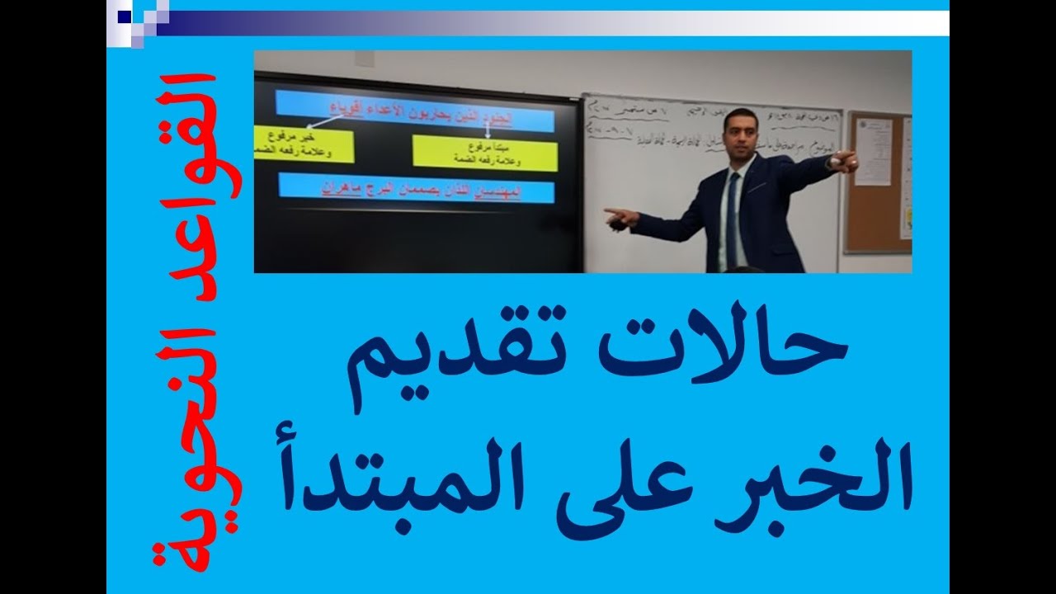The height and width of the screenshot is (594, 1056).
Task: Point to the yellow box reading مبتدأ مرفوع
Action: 484,151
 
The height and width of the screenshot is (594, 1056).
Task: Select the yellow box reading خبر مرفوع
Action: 304,144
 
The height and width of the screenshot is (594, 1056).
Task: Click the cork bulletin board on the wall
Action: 878,181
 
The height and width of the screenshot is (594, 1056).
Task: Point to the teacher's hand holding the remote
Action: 619,217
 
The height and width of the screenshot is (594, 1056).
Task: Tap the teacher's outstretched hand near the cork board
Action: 846,161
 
